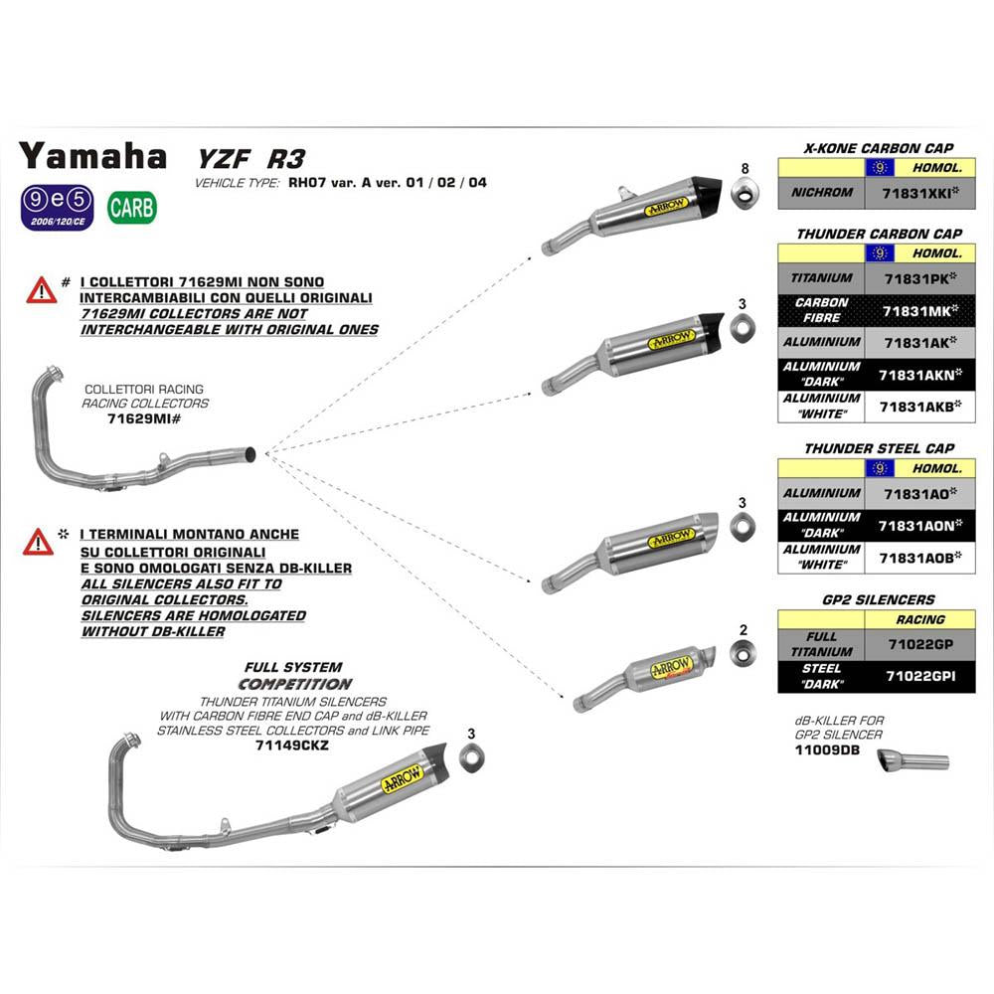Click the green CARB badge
tap(132, 207)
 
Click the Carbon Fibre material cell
tap(822, 310)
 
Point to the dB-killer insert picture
tap(912, 762)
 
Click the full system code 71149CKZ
tap(292, 745)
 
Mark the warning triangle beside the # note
tap(41, 290)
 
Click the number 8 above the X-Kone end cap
tap(744, 166)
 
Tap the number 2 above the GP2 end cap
tap(743, 629)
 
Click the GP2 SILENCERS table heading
tap(879, 599)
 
